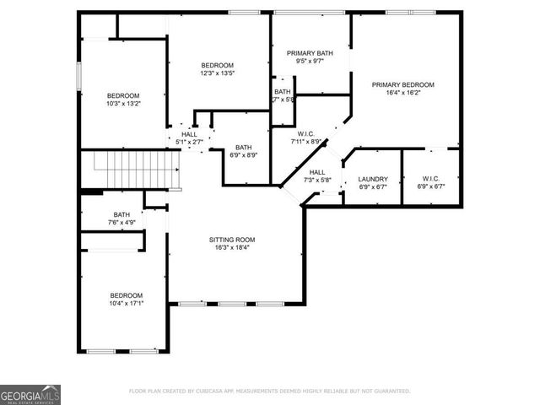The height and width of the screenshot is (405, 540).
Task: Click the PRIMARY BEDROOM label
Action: pyautogui.click(x=403, y=85)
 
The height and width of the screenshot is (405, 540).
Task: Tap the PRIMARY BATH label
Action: pyautogui.click(x=310, y=53)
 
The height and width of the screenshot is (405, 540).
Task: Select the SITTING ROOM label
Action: pyautogui.click(x=232, y=240)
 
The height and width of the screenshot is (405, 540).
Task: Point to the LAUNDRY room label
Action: pyautogui.click(x=372, y=179)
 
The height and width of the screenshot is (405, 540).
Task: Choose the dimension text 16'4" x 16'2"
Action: pyautogui.click(x=403, y=94)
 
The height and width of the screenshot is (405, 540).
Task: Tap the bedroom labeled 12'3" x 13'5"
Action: pyautogui.click(x=217, y=66)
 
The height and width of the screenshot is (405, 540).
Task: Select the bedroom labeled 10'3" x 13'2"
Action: pyautogui.click(x=123, y=96)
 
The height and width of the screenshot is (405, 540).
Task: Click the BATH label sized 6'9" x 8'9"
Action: pyautogui.click(x=243, y=147)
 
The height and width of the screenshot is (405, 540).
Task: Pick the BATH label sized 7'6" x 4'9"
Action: pyautogui.click(x=121, y=215)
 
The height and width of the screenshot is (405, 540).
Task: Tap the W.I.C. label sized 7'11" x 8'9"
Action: pyautogui.click(x=305, y=133)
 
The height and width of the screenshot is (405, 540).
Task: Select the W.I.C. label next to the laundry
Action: pyautogui.click(x=429, y=179)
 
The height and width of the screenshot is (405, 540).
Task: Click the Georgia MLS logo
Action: pyautogui.click(x=30, y=395)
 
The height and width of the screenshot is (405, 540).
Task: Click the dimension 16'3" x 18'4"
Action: pyautogui.click(x=232, y=248)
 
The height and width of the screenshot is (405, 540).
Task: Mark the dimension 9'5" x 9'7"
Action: pyautogui.click(x=310, y=62)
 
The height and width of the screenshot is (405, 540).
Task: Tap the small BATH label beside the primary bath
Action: pyautogui.click(x=282, y=92)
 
